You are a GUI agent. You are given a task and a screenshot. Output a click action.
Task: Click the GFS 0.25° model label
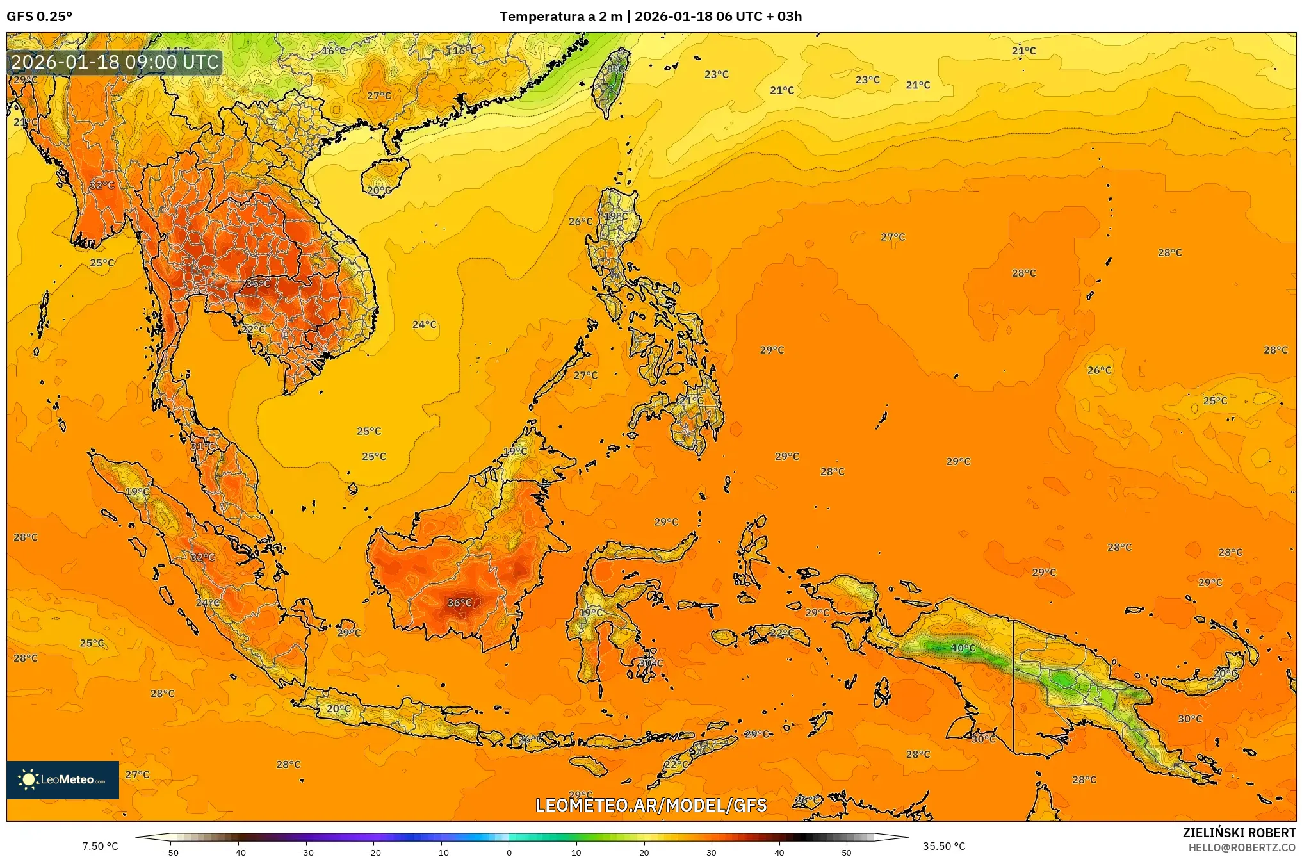pos(39,17)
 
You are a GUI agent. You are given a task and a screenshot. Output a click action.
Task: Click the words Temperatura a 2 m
pos(560,17)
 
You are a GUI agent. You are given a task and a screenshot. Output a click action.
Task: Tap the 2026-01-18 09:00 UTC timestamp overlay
pos(115,62)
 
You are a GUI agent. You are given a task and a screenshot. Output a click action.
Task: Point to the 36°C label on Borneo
pos(459,603)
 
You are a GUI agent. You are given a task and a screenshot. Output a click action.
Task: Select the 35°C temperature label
pos(258,283)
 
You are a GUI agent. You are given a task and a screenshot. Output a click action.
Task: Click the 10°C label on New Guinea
pos(963,648)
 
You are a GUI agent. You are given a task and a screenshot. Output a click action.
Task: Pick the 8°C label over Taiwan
pos(615,69)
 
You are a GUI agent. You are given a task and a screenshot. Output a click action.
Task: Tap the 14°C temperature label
pos(177,51)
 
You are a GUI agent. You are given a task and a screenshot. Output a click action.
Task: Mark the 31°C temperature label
pos(202,446)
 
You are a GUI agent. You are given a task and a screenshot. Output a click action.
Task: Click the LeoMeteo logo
pos(63,779)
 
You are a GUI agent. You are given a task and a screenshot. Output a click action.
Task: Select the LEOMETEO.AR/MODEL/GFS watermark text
pos(651,805)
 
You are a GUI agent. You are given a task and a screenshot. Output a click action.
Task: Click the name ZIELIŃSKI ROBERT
pos(1239,833)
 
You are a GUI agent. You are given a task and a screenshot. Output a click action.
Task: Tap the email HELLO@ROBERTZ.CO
pos(1242,847)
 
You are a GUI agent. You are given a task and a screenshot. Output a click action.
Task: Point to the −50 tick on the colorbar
pos(171,852)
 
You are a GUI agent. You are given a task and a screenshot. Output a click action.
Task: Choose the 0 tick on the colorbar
pos(509,852)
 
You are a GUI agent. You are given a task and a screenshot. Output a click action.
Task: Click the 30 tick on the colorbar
pos(712,852)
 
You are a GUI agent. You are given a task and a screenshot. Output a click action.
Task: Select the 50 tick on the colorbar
pos(847,852)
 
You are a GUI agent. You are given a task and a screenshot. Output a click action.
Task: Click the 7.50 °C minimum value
pos(100,846)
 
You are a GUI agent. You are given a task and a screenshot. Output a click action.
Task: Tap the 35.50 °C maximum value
pos(944,846)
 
